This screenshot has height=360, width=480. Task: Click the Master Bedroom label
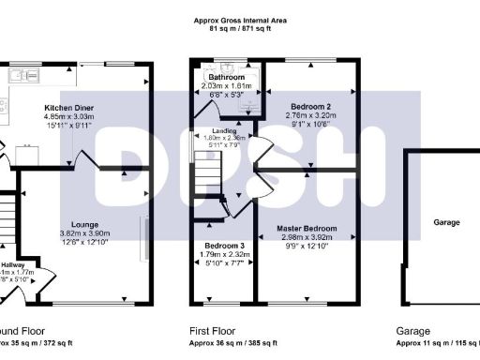click(x=307, y=228)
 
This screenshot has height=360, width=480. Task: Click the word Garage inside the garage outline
click(x=445, y=223)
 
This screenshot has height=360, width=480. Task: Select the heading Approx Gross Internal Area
click(x=240, y=19)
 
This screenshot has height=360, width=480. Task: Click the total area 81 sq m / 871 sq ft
click(x=240, y=28)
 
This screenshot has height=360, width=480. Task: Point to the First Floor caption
click(x=212, y=331)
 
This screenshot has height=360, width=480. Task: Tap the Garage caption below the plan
click(x=412, y=331)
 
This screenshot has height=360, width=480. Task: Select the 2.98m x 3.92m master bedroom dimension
click(x=307, y=237)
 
